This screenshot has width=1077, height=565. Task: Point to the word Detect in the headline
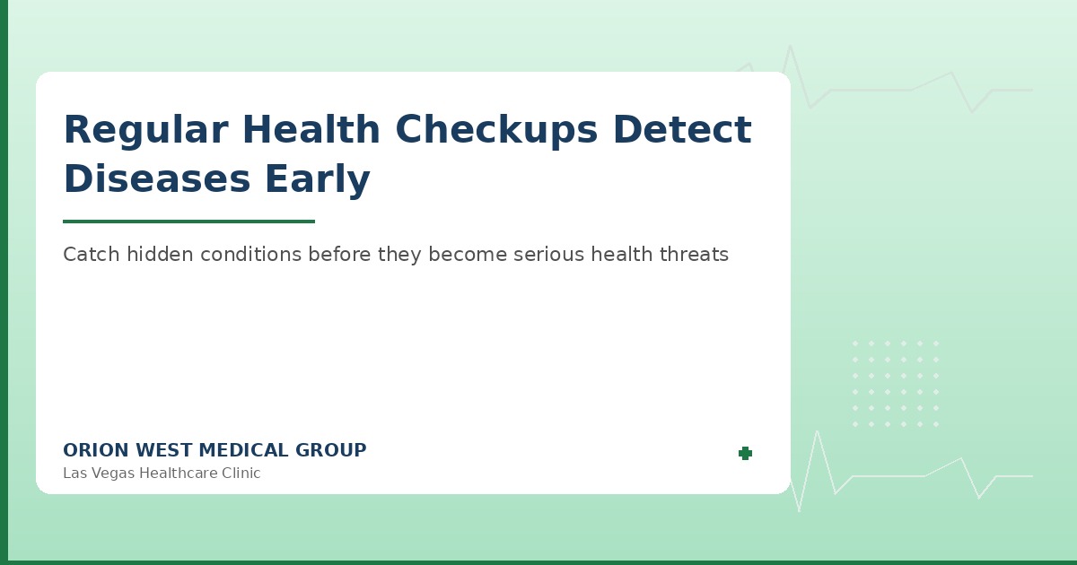point(682,131)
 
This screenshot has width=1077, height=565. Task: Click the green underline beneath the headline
point(188,222)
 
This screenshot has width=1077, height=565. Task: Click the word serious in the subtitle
point(548,255)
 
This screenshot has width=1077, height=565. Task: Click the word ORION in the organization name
point(92,451)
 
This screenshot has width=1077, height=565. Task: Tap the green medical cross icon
point(745,454)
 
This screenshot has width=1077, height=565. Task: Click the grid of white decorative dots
point(895,384)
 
